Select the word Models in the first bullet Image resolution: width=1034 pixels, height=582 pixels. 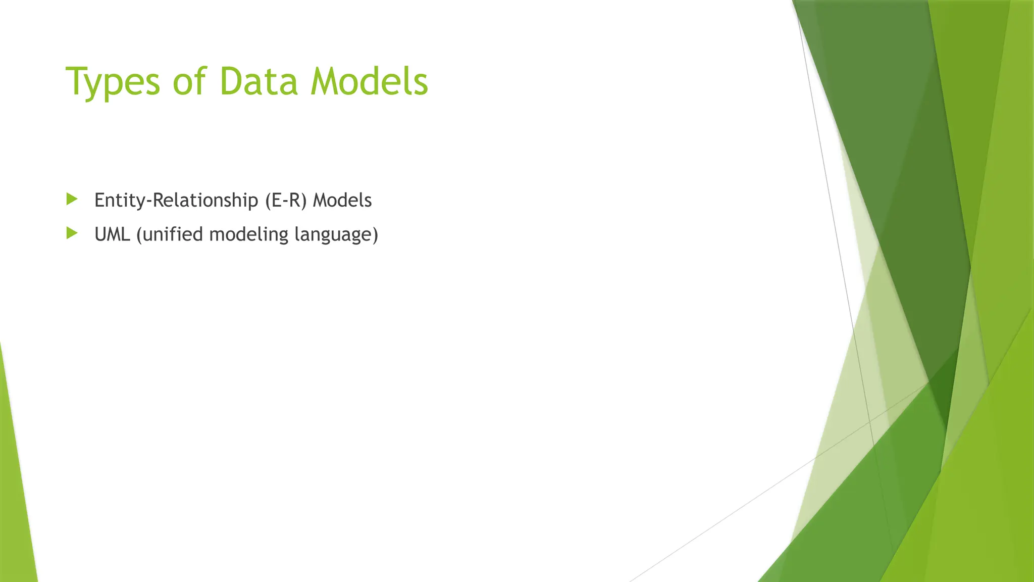pos(342,201)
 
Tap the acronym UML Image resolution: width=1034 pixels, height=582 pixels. pos(112,234)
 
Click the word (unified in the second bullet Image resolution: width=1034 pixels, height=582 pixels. pos(169,234)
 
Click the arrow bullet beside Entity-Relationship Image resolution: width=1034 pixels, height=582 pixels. pos(72,199)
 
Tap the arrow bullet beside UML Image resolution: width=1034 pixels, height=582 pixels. pos(72,233)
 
